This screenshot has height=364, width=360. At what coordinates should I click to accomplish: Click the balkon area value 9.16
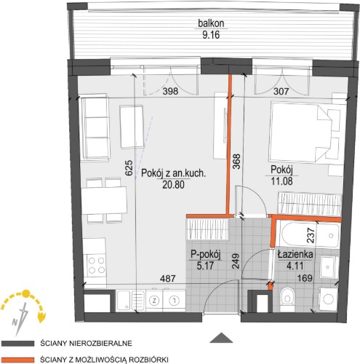point(211,35)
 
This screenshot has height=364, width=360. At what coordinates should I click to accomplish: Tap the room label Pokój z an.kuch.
point(173,173)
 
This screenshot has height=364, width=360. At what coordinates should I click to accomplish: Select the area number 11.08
point(281,181)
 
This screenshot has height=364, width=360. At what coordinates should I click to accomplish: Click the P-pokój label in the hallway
point(205,255)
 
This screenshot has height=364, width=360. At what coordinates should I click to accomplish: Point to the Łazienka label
point(295,254)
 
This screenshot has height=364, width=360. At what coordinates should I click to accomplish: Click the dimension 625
point(129,167)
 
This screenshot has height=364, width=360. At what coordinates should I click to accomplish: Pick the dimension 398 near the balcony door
point(170,91)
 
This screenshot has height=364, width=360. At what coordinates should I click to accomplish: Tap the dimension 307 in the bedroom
point(281,91)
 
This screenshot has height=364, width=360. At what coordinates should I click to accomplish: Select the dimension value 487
point(168,278)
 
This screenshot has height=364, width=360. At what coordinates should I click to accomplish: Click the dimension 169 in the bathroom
point(305,278)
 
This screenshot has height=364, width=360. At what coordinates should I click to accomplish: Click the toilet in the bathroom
point(287,299)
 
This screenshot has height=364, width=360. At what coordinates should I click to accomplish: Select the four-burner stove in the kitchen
point(96,266)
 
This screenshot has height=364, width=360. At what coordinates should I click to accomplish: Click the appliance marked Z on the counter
point(153,301)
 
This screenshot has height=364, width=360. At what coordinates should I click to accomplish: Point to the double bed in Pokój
point(300,132)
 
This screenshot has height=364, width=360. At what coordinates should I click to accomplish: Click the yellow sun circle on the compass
point(25,293)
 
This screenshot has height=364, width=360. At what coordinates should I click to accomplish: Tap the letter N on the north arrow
point(15,323)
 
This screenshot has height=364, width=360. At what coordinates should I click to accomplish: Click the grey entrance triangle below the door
point(221,338)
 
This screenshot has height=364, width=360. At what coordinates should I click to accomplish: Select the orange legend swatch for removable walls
point(17,359)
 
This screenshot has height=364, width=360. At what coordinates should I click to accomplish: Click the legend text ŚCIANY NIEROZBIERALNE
point(87,343)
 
